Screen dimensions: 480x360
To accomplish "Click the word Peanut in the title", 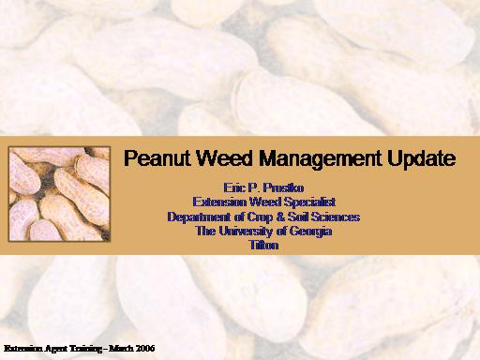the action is point(157,158).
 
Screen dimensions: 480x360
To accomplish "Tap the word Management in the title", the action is point(321,158).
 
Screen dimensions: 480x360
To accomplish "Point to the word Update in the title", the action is point(422,158).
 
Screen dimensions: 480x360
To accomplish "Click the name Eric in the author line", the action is point(234,187).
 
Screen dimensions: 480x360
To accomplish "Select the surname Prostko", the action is point(283,187).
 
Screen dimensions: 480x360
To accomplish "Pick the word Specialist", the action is point(310,202).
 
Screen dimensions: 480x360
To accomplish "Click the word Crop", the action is point(260,217).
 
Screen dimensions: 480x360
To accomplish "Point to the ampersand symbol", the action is point(280,217).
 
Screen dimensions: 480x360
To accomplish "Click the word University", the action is point(246,232).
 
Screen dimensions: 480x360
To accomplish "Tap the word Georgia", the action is point(310,232).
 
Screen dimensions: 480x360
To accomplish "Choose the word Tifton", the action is point(263,245).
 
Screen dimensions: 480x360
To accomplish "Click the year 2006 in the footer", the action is point(145,348).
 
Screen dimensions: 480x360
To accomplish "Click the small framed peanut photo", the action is point(59,194).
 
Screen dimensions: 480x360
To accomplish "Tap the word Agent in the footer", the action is point(55,349).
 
